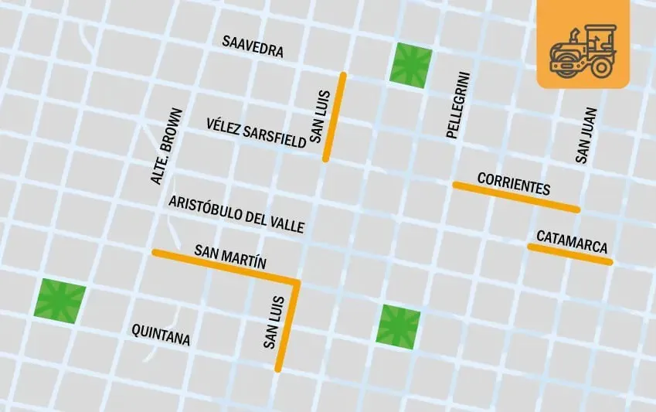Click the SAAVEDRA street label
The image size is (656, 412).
coord(253,46)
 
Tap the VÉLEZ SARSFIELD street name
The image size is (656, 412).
coord(257,134)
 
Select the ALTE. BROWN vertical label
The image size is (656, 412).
coord(167,145)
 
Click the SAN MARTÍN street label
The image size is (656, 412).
coord(230,257)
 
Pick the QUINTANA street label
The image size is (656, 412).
coord(161,334)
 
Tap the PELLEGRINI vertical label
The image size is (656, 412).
coord(458,104)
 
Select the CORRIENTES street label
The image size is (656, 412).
coord(513,184)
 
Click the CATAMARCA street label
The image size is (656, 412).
coord(572,242)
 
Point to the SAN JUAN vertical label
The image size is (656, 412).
coord(586,134)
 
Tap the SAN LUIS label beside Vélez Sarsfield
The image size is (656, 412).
coord(320,117)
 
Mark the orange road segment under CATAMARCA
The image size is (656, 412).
coord(570,254)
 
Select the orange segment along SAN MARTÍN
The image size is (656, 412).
coord(224,265)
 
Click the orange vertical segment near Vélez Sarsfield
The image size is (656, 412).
coord(335,117)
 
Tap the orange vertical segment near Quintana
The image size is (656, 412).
coord(287,325)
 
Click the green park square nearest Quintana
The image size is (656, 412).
coord(60,299)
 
